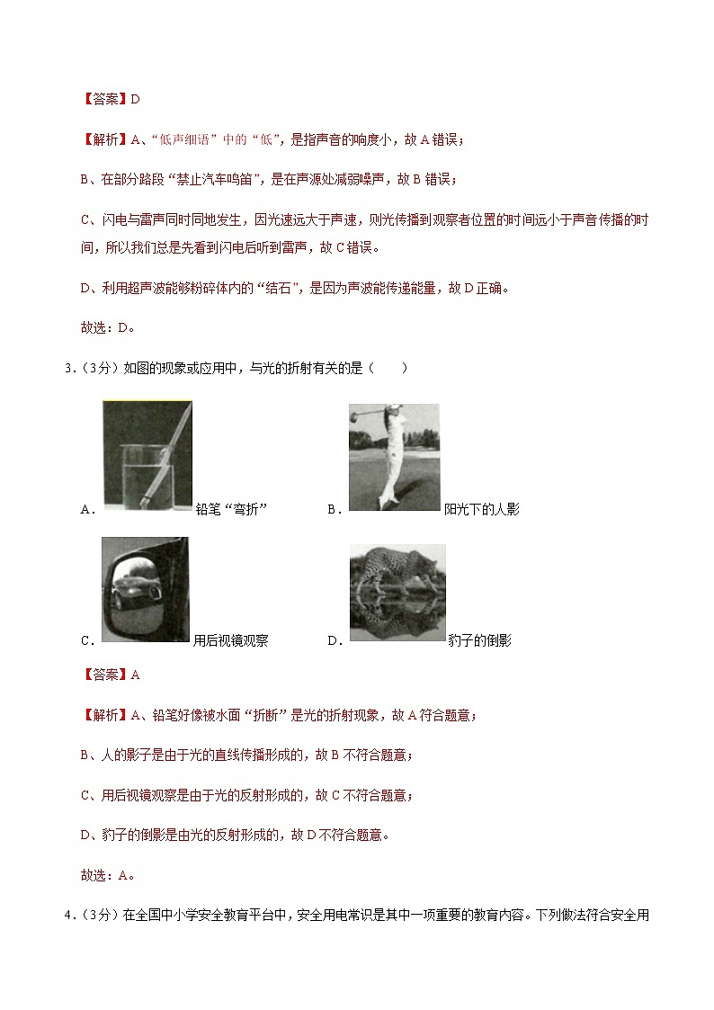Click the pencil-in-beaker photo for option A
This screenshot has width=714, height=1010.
(147, 453)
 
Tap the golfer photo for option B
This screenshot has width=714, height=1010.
(394, 457)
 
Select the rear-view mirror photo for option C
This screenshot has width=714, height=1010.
(145, 589)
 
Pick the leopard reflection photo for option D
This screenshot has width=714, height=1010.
(397, 592)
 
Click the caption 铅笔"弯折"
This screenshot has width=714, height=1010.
(232, 510)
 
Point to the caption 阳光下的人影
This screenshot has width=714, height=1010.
(482, 510)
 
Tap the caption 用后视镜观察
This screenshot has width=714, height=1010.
(231, 641)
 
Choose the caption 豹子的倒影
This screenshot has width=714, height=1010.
(479, 641)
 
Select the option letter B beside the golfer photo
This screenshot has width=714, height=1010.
(333, 510)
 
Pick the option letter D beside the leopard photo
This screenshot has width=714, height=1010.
(333, 641)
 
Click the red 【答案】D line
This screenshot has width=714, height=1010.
(110, 100)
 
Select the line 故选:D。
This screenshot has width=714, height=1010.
(108, 328)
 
